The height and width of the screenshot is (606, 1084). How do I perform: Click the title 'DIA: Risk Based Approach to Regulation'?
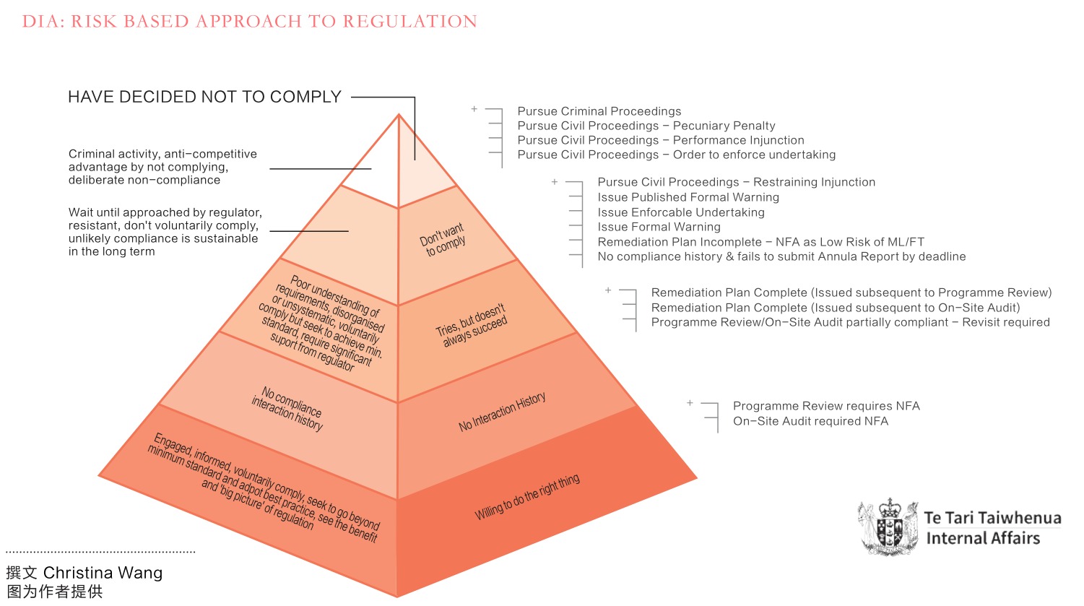(x=250, y=21)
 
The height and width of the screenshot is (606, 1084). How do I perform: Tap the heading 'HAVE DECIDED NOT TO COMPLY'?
(x=204, y=97)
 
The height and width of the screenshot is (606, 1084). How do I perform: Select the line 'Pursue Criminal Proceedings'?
(x=599, y=111)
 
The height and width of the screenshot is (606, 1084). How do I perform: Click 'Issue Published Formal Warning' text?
(x=688, y=197)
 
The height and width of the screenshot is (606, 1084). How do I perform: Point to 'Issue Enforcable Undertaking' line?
(x=681, y=212)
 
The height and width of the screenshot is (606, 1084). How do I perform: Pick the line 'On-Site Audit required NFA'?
(x=810, y=421)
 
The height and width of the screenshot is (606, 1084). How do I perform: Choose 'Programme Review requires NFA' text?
(x=826, y=406)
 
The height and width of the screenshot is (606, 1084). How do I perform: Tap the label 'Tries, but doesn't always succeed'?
(x=472, y=325)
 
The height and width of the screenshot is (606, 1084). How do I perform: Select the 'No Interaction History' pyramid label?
(x=503, y=412)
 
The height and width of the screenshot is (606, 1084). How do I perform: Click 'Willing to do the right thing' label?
(x=527, y=497)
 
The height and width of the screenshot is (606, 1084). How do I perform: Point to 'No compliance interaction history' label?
(x=287, y=409)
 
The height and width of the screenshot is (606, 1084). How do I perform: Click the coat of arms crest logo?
(x=888, y=527)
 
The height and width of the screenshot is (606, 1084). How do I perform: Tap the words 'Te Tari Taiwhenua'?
(x=992, y=518)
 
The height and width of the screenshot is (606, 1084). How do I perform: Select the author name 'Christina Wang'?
(x=103, y=573)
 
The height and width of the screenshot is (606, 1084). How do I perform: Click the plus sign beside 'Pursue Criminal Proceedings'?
(x=474, y=109)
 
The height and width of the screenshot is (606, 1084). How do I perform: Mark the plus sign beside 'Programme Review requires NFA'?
(x=690, y=403)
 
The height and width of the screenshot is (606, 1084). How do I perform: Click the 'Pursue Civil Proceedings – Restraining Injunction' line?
(x=736, y=182)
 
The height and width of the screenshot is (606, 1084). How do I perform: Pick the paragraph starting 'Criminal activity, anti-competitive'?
(x=162, y=167)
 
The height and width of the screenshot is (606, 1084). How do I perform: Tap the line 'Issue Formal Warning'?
(x=659, y=227)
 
